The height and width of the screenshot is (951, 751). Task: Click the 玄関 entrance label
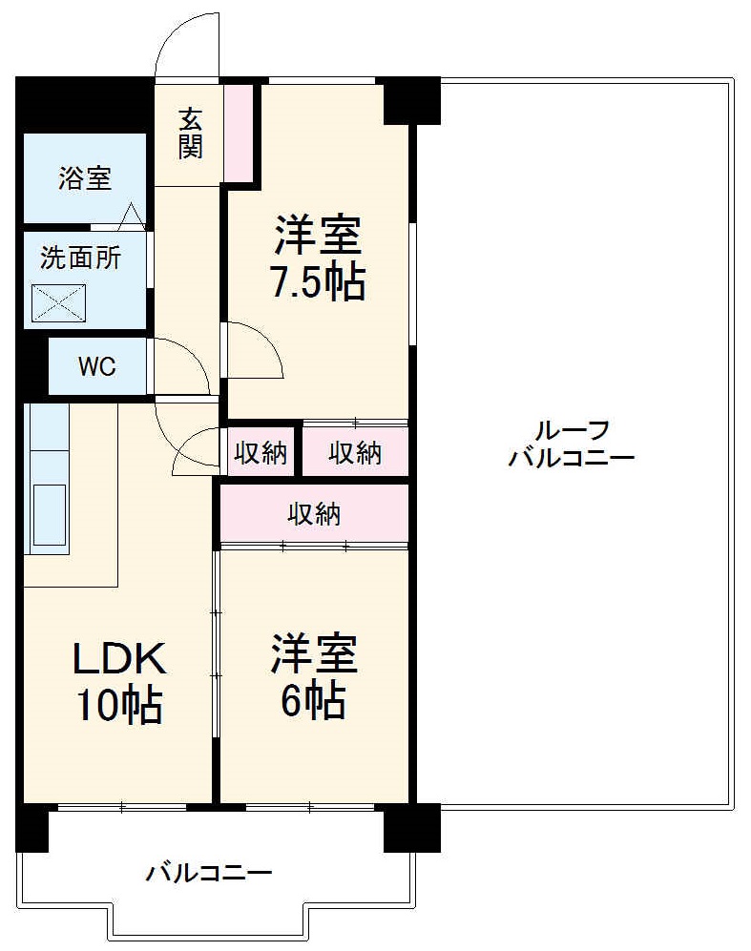pyautogui.click(x=190, y=134)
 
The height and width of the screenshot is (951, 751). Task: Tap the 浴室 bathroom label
pyautogui.click(x=84, y=178)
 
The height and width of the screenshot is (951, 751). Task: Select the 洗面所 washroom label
pyautogui.click(x=80, y=258)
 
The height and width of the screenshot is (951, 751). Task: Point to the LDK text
pyautogui.click(x=121, y=658)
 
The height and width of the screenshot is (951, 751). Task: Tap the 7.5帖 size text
pyautogui.click(x=317, y=281)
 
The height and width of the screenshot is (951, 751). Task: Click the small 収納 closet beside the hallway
pyautogui.click(x=261, y=453)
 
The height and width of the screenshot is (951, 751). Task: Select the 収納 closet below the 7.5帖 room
pyautogui.click(x=355, y=453)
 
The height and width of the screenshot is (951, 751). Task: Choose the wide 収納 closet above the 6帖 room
pyautogui.click(x=315, y=515)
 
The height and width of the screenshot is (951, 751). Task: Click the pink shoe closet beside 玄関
pyautogui.click(x=239, y=132)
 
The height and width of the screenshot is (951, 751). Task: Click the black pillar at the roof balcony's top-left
pyautogui.click(x=411, y=101)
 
